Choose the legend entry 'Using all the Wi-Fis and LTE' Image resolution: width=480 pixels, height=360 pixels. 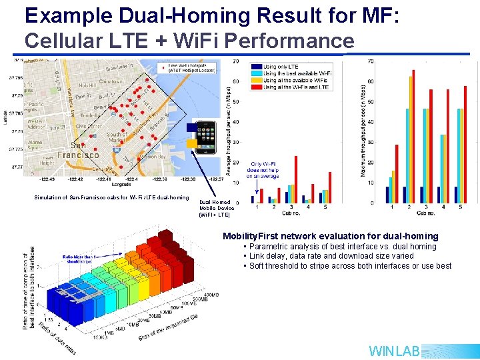[x=293, y=87]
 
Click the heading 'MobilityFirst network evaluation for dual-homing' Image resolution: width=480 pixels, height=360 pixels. [x=331, y=236]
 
